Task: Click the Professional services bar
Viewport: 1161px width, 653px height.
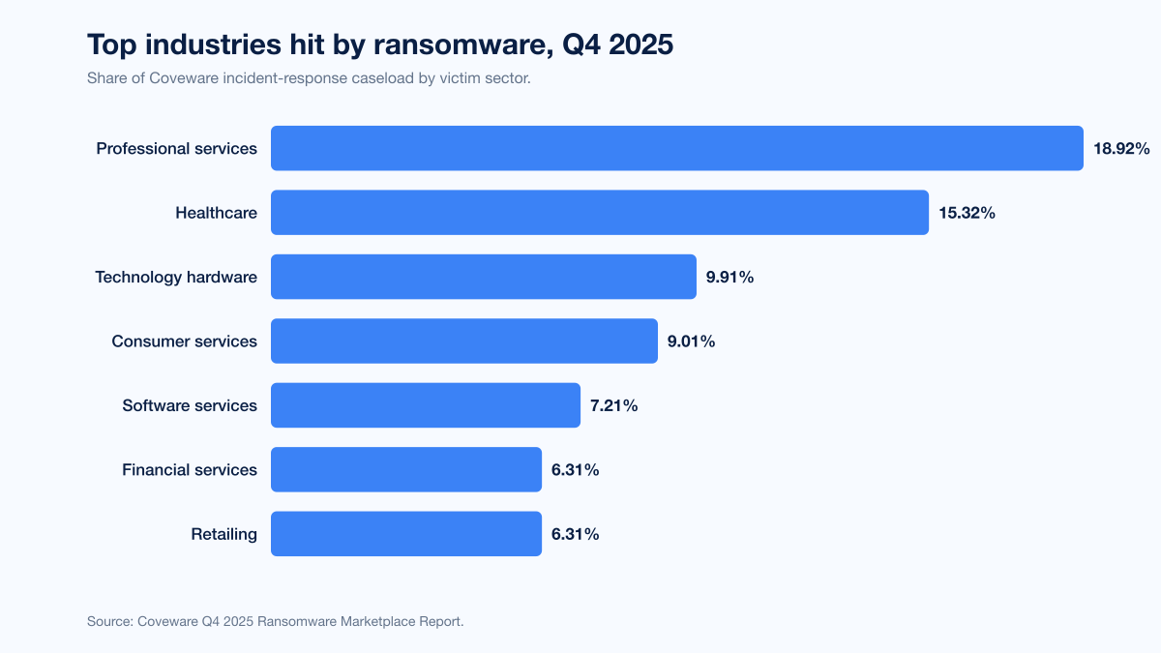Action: click(677, 148)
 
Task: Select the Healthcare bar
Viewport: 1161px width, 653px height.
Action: click(600, 213)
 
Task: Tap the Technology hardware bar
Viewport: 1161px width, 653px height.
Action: click(484, 277)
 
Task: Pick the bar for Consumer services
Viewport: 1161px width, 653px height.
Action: click(464, 341)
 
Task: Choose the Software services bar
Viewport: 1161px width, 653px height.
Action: click(426, 405)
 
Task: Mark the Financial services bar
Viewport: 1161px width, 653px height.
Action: click(406, 469)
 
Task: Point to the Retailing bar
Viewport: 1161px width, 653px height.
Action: click(406, 534)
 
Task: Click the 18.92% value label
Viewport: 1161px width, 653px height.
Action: click(1121, 149)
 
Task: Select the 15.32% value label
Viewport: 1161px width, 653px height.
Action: click(967, 213)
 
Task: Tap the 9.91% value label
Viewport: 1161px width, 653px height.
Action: click(729, 278)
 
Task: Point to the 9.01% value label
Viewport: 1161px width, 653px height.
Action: click(691, 341)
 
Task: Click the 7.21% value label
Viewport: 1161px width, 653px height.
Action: click(613, 405)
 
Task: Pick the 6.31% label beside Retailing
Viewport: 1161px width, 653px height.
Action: click(575, 534)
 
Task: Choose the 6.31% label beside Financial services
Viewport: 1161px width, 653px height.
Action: click(575, 470)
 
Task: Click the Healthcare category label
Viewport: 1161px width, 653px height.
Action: click(216, 213)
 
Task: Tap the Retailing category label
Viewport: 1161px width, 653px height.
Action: click(223, 534)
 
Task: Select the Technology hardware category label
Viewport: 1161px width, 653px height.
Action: click(176, 278)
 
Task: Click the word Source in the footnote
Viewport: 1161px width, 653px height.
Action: click(110, 621)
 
